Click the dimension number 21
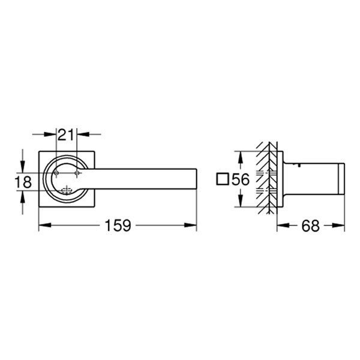66,133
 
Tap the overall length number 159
118,226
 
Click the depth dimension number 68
310,226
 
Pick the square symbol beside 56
223,179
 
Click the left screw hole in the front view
56,173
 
